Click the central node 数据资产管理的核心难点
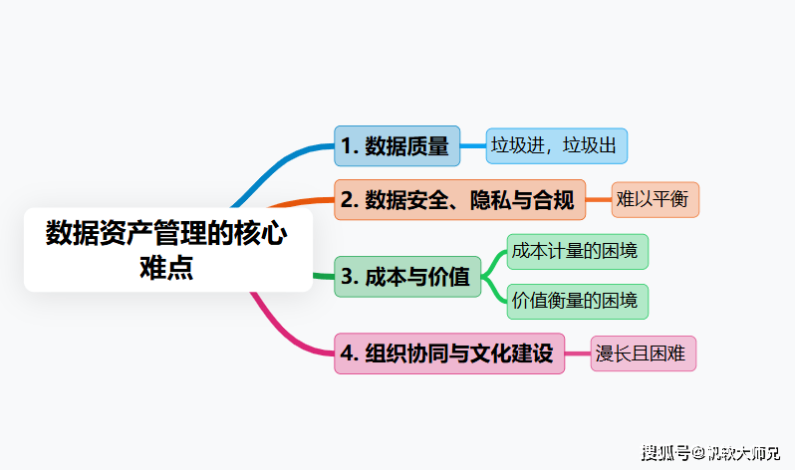click(x=167, y=250)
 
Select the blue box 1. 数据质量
click(x=397, y=146)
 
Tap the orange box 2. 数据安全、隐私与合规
click(x=459, y=200)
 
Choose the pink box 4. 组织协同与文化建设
click(x=449, y=353)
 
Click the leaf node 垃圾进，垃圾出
click(x=556, y=146)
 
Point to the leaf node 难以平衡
click(x=655, y=199)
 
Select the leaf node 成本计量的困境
click(x=578, y=252)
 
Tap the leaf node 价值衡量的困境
click(x=578, y=301)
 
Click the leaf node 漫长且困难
click(x=643, y=353)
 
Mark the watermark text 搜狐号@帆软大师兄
click(x=711, y=453)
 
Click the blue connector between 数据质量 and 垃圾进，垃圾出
click(x=472, y=146)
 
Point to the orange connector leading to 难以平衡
click(x=598, y=200)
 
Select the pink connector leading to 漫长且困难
click(x=578, y=353)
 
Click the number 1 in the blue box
click(x=346, y=146)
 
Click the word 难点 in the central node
click(x=167, y=267)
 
